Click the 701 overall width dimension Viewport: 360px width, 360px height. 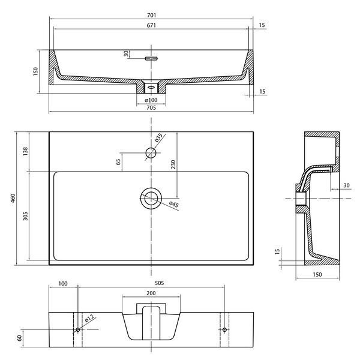coord(152,15)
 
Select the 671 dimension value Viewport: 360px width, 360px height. coord(152,25)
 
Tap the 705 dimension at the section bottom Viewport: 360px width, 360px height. coord(151,107)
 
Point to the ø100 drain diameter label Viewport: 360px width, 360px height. coord(151,100)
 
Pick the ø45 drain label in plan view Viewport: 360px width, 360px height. coord(174,205)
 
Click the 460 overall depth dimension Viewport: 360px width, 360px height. coord(13,198)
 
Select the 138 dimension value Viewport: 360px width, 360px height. coord(25,152)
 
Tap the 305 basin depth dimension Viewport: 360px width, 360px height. coord(25,216)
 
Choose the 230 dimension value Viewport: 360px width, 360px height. coord(173,164)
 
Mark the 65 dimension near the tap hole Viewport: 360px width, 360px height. coord(118,162)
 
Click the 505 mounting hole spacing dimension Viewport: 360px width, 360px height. coord(160,283)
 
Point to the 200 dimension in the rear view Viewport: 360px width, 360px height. coord(151,293)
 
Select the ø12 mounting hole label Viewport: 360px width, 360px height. coord(89,319)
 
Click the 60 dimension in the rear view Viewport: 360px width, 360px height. coord(20,338)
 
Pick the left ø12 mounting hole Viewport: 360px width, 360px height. coord(78,329)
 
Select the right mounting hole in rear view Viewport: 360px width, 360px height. coord(224,329)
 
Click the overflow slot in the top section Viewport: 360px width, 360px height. coord(151,58)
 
